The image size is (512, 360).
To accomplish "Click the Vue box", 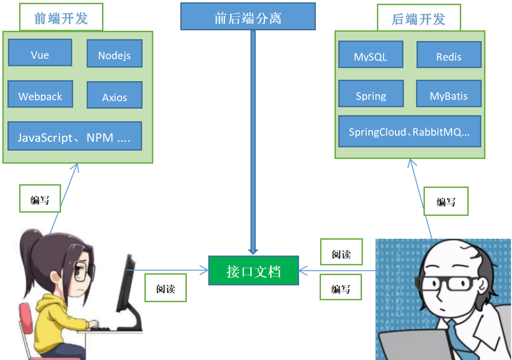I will [40, 53].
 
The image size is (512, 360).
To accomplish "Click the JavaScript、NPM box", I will [75, 136].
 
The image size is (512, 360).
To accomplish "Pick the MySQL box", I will [370, 55].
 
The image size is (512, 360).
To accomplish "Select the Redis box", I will [449, 55].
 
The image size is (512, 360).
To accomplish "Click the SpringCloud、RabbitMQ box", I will [409, 132].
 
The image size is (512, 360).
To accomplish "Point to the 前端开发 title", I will [61, 18].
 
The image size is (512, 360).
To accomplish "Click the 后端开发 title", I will [418, 19].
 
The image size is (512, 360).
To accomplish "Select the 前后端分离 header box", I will [248, 17].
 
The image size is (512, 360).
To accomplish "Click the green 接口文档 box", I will [253, 270].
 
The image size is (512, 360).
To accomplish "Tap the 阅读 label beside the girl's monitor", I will [165, 287].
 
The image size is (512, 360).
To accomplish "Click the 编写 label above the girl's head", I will [40, 199].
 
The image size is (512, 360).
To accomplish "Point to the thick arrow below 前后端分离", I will [253, 140].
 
